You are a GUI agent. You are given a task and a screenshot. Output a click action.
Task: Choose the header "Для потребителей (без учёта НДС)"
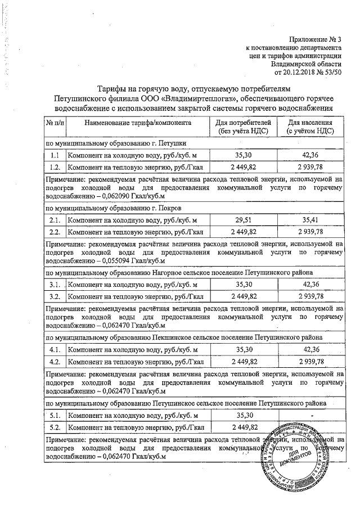point(244,126)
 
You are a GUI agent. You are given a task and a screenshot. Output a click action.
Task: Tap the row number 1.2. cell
point(55,167)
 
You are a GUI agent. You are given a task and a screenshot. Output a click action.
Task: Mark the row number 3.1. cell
point(55,285)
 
